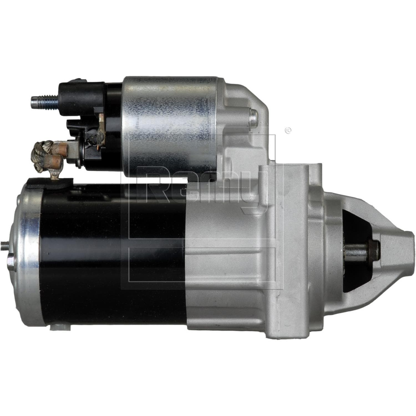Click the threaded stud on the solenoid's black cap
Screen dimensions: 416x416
tap(44, 101)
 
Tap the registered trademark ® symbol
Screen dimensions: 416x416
tap(288, 130)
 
